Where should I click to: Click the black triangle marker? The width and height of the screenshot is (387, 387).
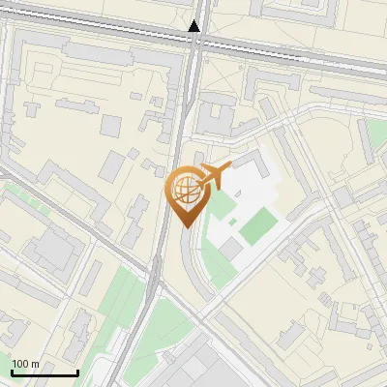[x=196, y=26]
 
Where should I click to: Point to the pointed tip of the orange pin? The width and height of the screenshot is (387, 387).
[x=186, y=225]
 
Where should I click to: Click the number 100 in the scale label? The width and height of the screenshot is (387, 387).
[x=20, y=364]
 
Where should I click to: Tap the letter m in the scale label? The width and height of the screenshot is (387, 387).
[x=35, y=364]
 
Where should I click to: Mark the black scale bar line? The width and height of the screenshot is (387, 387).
[x=45, y=372]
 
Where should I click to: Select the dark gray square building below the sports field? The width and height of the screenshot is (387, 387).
[x=231, y=250]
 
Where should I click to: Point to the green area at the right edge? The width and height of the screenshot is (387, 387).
[x=374, y=135]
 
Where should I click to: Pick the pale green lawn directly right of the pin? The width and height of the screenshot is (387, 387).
[x=222, y=205]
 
